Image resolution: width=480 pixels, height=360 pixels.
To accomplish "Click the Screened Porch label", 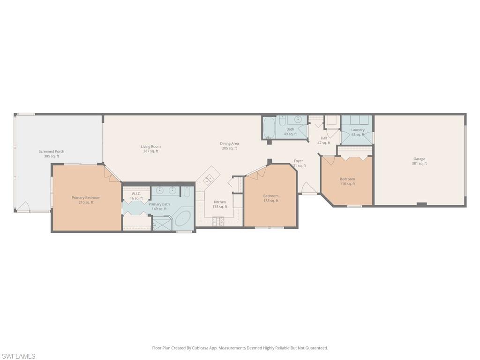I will click(x=52, y=151).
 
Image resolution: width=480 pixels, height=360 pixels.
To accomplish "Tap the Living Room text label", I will click(x=150, y=147).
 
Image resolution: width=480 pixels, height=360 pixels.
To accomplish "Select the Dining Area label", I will click(x=229, y=143).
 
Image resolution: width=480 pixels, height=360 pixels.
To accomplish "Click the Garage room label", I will click(x=419, y=159).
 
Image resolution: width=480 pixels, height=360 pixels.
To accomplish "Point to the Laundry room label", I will click(x=358, y=130).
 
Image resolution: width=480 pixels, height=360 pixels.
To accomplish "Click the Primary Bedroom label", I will click(x=86, y=198).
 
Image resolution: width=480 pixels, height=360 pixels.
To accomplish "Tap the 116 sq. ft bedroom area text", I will click(x=347, y=184).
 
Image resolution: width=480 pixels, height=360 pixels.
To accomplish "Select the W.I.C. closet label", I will click(x=136, y=194).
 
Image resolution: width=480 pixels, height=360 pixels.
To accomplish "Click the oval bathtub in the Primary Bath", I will click(x=183, y=219).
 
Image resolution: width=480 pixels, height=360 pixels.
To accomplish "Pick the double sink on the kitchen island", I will click(x=209, y=178).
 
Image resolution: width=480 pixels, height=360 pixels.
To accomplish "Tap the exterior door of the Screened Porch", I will click(x=23, y=207).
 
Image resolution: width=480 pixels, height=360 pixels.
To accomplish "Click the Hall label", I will click(x=324, y=138).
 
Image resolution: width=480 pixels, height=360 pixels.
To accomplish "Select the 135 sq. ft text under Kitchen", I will click(x=219, y=207).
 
